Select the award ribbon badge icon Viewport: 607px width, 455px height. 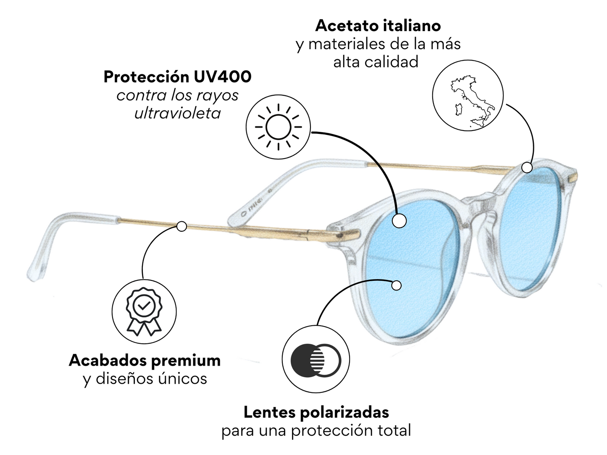point(144,311)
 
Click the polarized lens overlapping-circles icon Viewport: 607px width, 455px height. point(316,360)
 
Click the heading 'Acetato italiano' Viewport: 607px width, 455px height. point(378,26)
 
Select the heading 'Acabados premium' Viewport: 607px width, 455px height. point(145,360)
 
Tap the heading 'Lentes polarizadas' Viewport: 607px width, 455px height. point(316,412)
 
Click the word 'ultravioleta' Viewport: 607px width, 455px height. point(177,113)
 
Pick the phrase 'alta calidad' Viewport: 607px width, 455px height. point(376,62)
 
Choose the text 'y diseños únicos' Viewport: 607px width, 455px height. point(145,379)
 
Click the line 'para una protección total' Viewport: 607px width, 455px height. point(316,431)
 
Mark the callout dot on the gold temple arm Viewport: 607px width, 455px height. point(181,226)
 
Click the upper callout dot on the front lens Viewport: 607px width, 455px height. point(399,220)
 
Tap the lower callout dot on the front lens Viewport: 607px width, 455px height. point(396,285)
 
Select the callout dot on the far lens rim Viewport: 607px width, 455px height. point(527,167)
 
